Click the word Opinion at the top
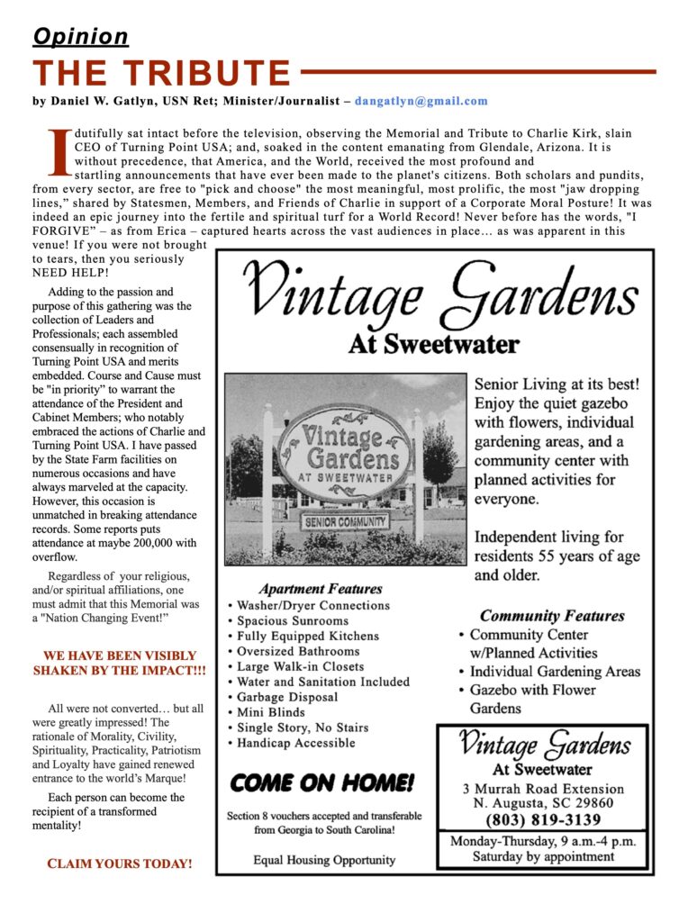click(x=80, y=37)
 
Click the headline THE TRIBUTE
click(x=162, y=73)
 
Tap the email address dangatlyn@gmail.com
click(x=421, y=102)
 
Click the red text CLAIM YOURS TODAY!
click(x=119, y=863)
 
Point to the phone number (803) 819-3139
click(x=543, y=820)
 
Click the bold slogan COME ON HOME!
click(x=322, y=782)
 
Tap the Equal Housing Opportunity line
click(x=323, y=860)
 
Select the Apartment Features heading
click(x=321, y=589)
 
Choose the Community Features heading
click(x=551, y=616)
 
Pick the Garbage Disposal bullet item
click(x=287, y=697)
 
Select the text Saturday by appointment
click(x=543, y=856)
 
